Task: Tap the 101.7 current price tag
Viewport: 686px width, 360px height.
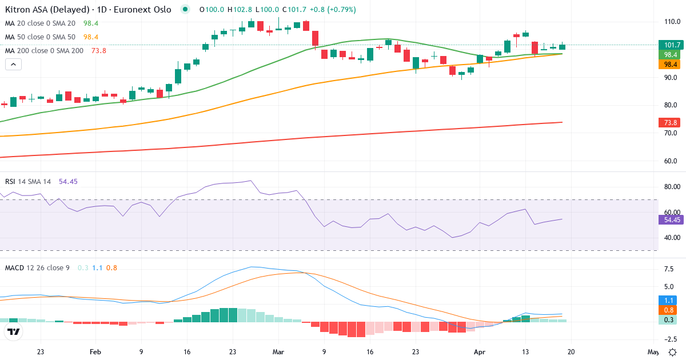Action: click(x=669, y=45)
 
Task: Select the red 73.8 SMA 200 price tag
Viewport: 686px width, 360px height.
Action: click(x=669, y=122)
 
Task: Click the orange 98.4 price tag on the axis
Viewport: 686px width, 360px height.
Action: click(x=669, y=64)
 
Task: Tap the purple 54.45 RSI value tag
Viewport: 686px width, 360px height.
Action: click(x=670, y=219)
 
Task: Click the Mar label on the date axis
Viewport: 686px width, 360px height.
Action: click(x=278, y=352)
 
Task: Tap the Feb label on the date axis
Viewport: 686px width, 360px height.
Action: click(x=95, y=352)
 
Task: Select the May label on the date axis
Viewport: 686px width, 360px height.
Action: click(x=652, y=352)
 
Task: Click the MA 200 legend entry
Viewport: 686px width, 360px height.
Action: click(x=44, y=51)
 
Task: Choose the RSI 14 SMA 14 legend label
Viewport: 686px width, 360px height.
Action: click(x=28, y=182)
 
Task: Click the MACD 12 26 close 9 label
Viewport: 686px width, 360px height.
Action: click(x=37, y=267)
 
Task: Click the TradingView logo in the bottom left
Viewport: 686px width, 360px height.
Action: click(x=14, y=331)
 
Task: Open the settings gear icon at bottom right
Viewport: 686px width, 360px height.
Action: click(x=673, y=352)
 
